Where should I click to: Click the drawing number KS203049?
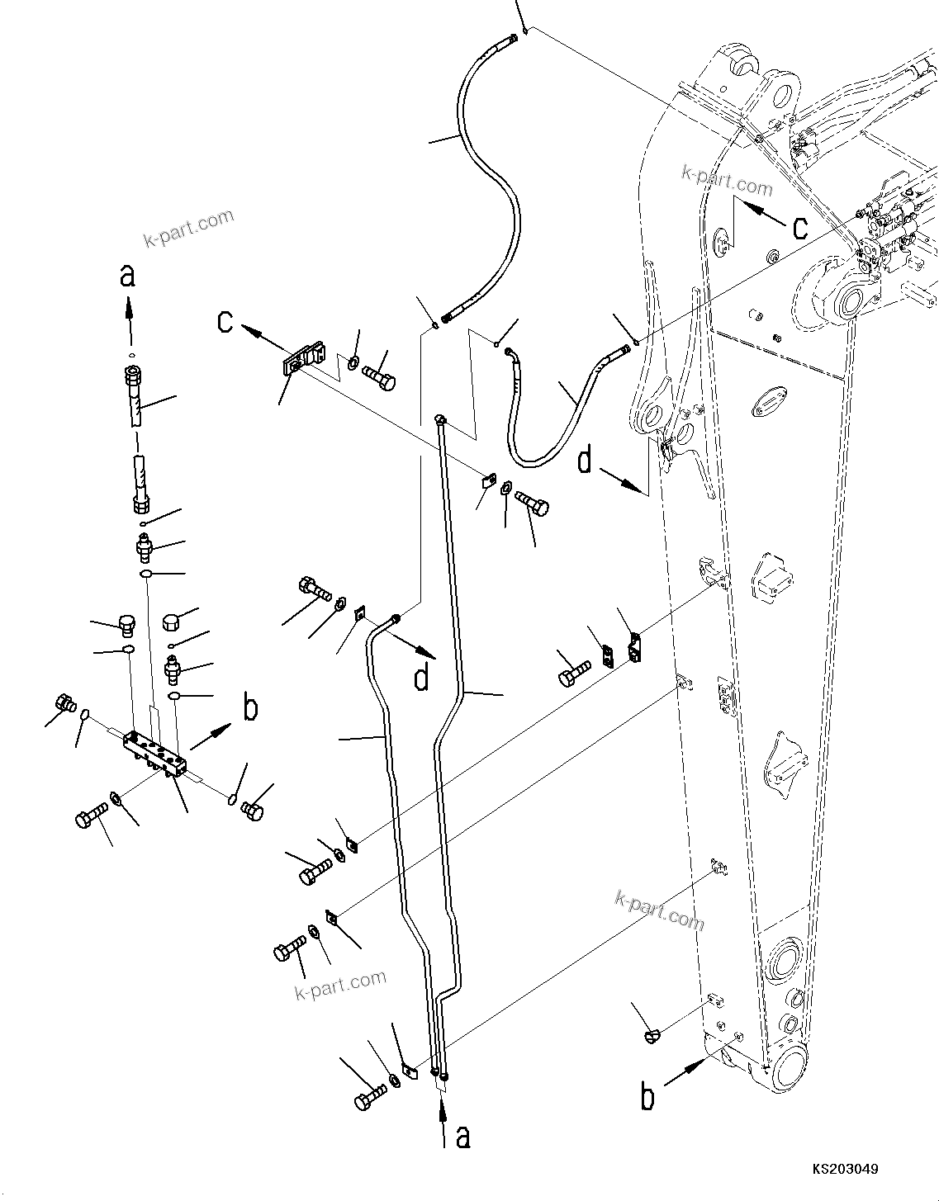pos(843,1170)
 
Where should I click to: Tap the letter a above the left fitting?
pos(127,276)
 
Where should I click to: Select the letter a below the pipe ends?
pos(463,1136)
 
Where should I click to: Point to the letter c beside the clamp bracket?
pos(225,321)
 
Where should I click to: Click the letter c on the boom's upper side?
pos(799,227)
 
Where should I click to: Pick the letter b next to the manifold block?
pos(250,709)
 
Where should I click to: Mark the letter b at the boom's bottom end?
pos(649,1097)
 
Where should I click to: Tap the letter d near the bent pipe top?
pos(422,677)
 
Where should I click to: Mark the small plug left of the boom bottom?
pos(652,1035)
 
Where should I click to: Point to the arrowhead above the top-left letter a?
pos(127,306)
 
